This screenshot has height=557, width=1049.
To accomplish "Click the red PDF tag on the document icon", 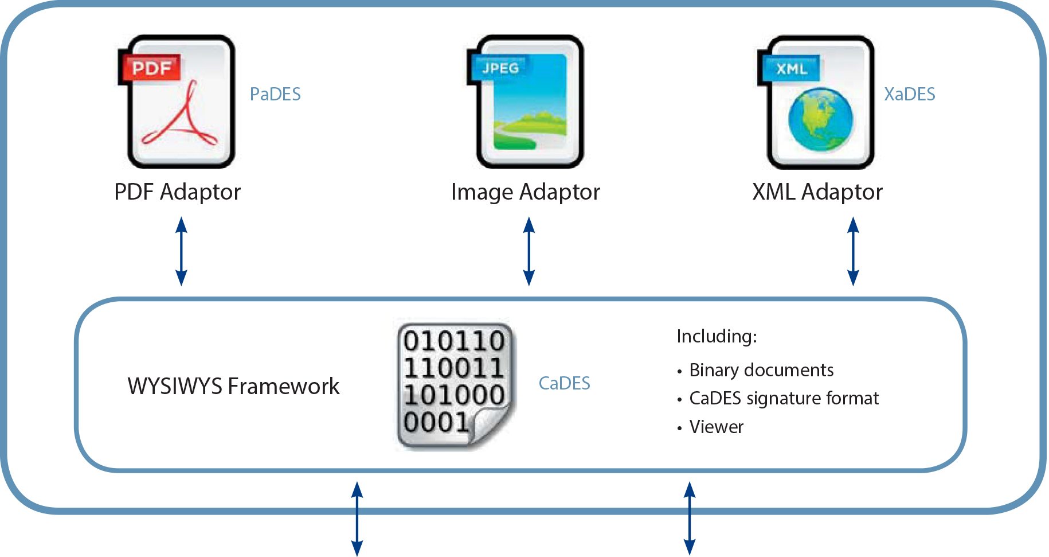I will (x=151, y=68).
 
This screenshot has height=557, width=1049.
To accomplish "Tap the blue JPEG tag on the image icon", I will (x=499, y=68).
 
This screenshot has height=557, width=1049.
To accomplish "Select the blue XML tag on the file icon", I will (x=791, y=69).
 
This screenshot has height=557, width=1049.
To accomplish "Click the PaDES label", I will (x=275, y=94).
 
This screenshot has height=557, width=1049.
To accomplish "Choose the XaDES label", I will (x=909, y=94).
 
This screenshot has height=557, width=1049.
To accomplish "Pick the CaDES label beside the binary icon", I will (x=564, y=383).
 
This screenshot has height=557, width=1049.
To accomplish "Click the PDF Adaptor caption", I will (x=177, y=192).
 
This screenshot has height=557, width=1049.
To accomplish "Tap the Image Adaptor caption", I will (x=525, y=192).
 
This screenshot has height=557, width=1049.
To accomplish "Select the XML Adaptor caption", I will (x=817, y=192).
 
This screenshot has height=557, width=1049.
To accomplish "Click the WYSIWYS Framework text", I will (x=233, y=387).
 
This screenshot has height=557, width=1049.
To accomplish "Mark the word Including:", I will (x=717, y=336).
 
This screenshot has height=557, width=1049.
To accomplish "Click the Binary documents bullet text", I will (x=761, y=371).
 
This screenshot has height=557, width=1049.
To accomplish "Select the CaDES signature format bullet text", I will (x=784, y=399).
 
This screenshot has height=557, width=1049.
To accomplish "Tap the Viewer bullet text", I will (x=716, y=427).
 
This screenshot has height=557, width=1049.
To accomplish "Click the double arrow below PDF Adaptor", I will (x=181, y=251).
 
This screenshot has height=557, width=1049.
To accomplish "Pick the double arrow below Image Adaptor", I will (x=529, y=251).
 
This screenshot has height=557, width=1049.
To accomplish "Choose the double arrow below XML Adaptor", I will (x=853, y=251).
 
